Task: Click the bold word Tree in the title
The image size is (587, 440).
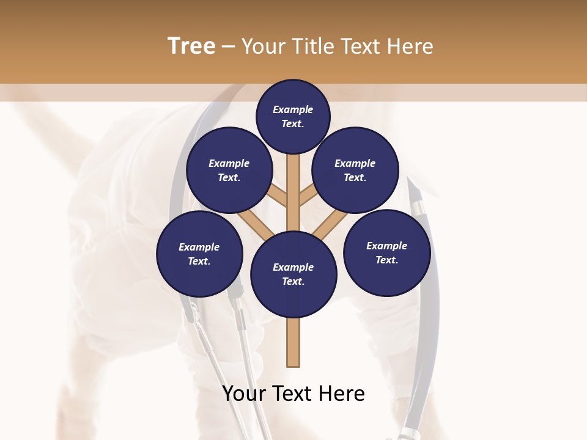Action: pos(191,46)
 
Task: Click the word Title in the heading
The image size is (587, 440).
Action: pos(309,46)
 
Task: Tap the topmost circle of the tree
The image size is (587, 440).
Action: pos(293,116)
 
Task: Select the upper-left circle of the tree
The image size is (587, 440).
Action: pos(229,170)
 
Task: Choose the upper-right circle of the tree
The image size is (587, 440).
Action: pos(355,170)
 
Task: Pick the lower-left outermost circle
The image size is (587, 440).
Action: pos(199,254)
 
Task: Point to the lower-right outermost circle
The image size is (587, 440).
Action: pos(387,253)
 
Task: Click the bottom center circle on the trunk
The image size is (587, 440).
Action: pos(293,274)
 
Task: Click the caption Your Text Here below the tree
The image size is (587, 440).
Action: pos(293,394)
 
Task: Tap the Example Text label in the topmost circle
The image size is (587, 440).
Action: pos(293,116)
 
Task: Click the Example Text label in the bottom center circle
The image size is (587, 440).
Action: pos(293,274)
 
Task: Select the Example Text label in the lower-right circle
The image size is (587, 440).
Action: pos(387,253)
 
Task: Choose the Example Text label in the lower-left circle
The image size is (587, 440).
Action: pos(199,254)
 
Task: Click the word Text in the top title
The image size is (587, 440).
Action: pos(362,46)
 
